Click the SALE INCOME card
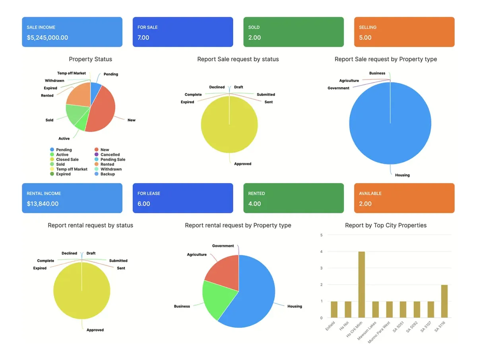72,32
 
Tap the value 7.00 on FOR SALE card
143,38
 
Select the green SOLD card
293,32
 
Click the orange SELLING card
404,32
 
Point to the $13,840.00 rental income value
43,204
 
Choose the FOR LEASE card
182,198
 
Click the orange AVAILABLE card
404,198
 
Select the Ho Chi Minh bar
362,284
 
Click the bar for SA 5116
444,301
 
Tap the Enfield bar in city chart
334,309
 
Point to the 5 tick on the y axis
321,235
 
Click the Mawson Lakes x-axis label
367,331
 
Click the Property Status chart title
90,59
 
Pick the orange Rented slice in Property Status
78,94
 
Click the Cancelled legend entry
110,155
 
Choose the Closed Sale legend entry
67,160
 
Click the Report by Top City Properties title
386,226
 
